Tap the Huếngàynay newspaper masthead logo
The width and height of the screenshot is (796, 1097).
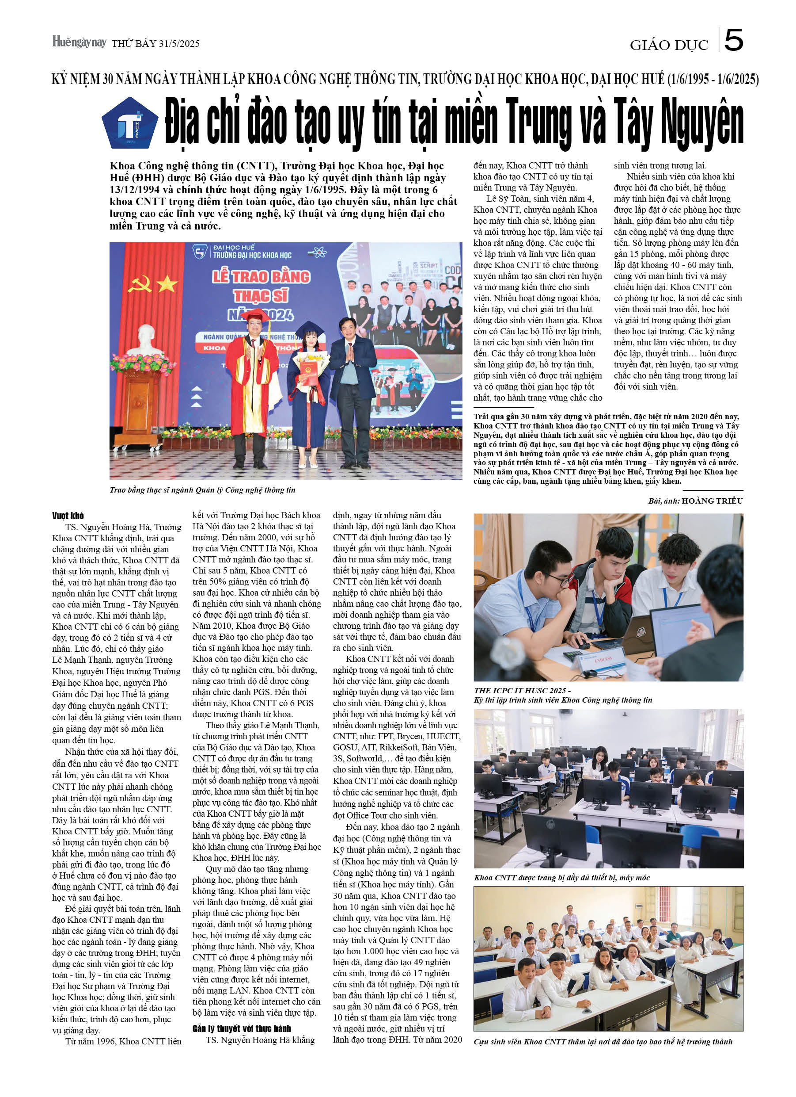point(79,42)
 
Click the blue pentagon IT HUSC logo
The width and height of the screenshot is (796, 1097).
point(129,123)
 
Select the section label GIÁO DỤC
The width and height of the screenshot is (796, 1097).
point(668,46)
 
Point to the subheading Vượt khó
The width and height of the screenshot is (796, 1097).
point(68,516)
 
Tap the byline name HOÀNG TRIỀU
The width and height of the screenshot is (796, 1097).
point(712,501)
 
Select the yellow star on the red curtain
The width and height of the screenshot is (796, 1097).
point(167,284)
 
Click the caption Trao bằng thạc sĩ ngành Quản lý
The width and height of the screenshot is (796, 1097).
point(202,490)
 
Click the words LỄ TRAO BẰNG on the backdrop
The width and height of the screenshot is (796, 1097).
point(261,277)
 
